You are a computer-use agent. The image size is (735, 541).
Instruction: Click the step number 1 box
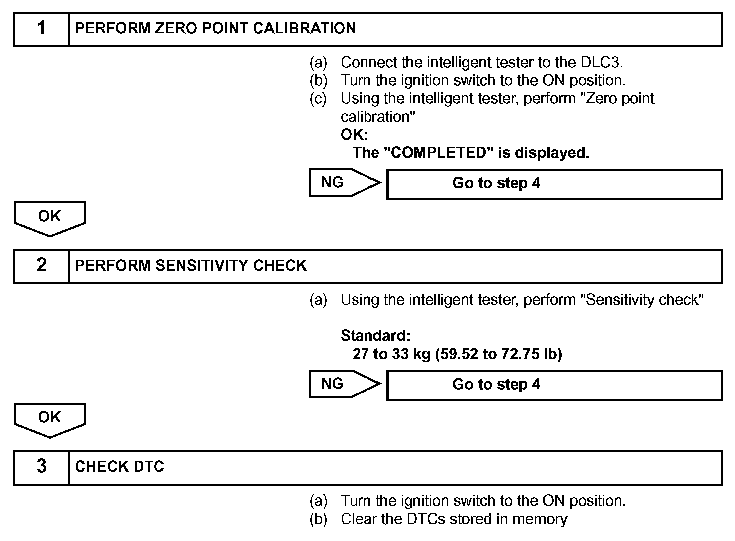click(41, 29)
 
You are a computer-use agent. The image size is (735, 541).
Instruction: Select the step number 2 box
click(41, 266)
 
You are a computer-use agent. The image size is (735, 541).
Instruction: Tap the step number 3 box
click(41, 467)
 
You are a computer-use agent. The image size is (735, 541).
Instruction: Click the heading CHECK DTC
click(119, 467)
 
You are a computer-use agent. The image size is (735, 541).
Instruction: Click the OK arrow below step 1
click(50, 218)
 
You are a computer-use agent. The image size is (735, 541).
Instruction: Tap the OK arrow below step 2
click(50, 419)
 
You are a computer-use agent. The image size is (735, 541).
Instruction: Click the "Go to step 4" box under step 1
click(554, 184)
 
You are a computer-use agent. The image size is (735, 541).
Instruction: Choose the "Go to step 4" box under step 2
click(554, 385)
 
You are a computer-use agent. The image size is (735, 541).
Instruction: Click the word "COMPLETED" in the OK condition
click(438, 153)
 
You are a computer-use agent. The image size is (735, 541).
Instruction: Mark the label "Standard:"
click(375, 336)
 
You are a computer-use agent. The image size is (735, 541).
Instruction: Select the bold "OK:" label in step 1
click(354, 135)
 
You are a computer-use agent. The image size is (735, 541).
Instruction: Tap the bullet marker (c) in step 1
click(318, 99)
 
